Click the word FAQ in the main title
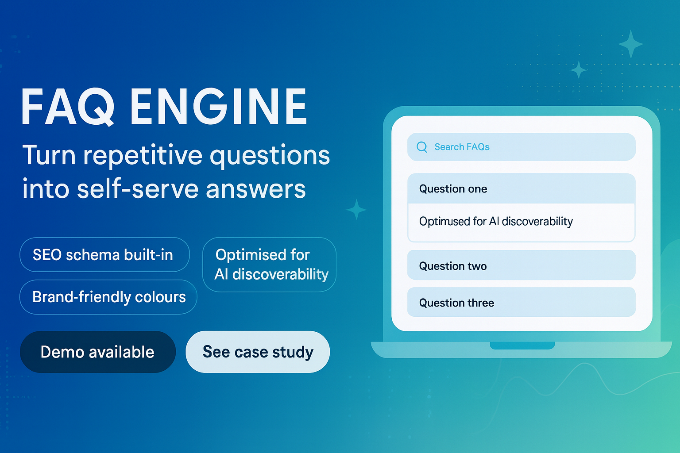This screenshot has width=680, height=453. click(67, 107)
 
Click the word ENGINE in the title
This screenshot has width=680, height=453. click(218, 107)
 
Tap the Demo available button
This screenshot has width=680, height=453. click(97, 352)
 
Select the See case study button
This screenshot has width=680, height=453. click(258, 352)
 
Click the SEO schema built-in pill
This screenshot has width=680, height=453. click(104, 255)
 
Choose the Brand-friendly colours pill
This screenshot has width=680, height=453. click(108, 297)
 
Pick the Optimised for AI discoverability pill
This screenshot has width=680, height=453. click(269, 265)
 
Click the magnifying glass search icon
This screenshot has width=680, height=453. click(422, 147)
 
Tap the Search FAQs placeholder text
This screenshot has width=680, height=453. click(462, 147)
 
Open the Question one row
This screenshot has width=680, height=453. click(521, 189)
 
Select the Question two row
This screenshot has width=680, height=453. click(521, 265)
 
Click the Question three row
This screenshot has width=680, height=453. click(521, 303)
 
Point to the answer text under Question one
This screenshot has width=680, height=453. click(496, 221)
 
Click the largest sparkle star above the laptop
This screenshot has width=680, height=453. click(630, 44)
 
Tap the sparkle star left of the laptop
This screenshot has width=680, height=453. click(356, 210)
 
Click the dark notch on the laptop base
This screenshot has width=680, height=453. click(522, 346)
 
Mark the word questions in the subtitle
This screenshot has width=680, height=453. click(270, 156)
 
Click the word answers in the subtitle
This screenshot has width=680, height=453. click(255, 189)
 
